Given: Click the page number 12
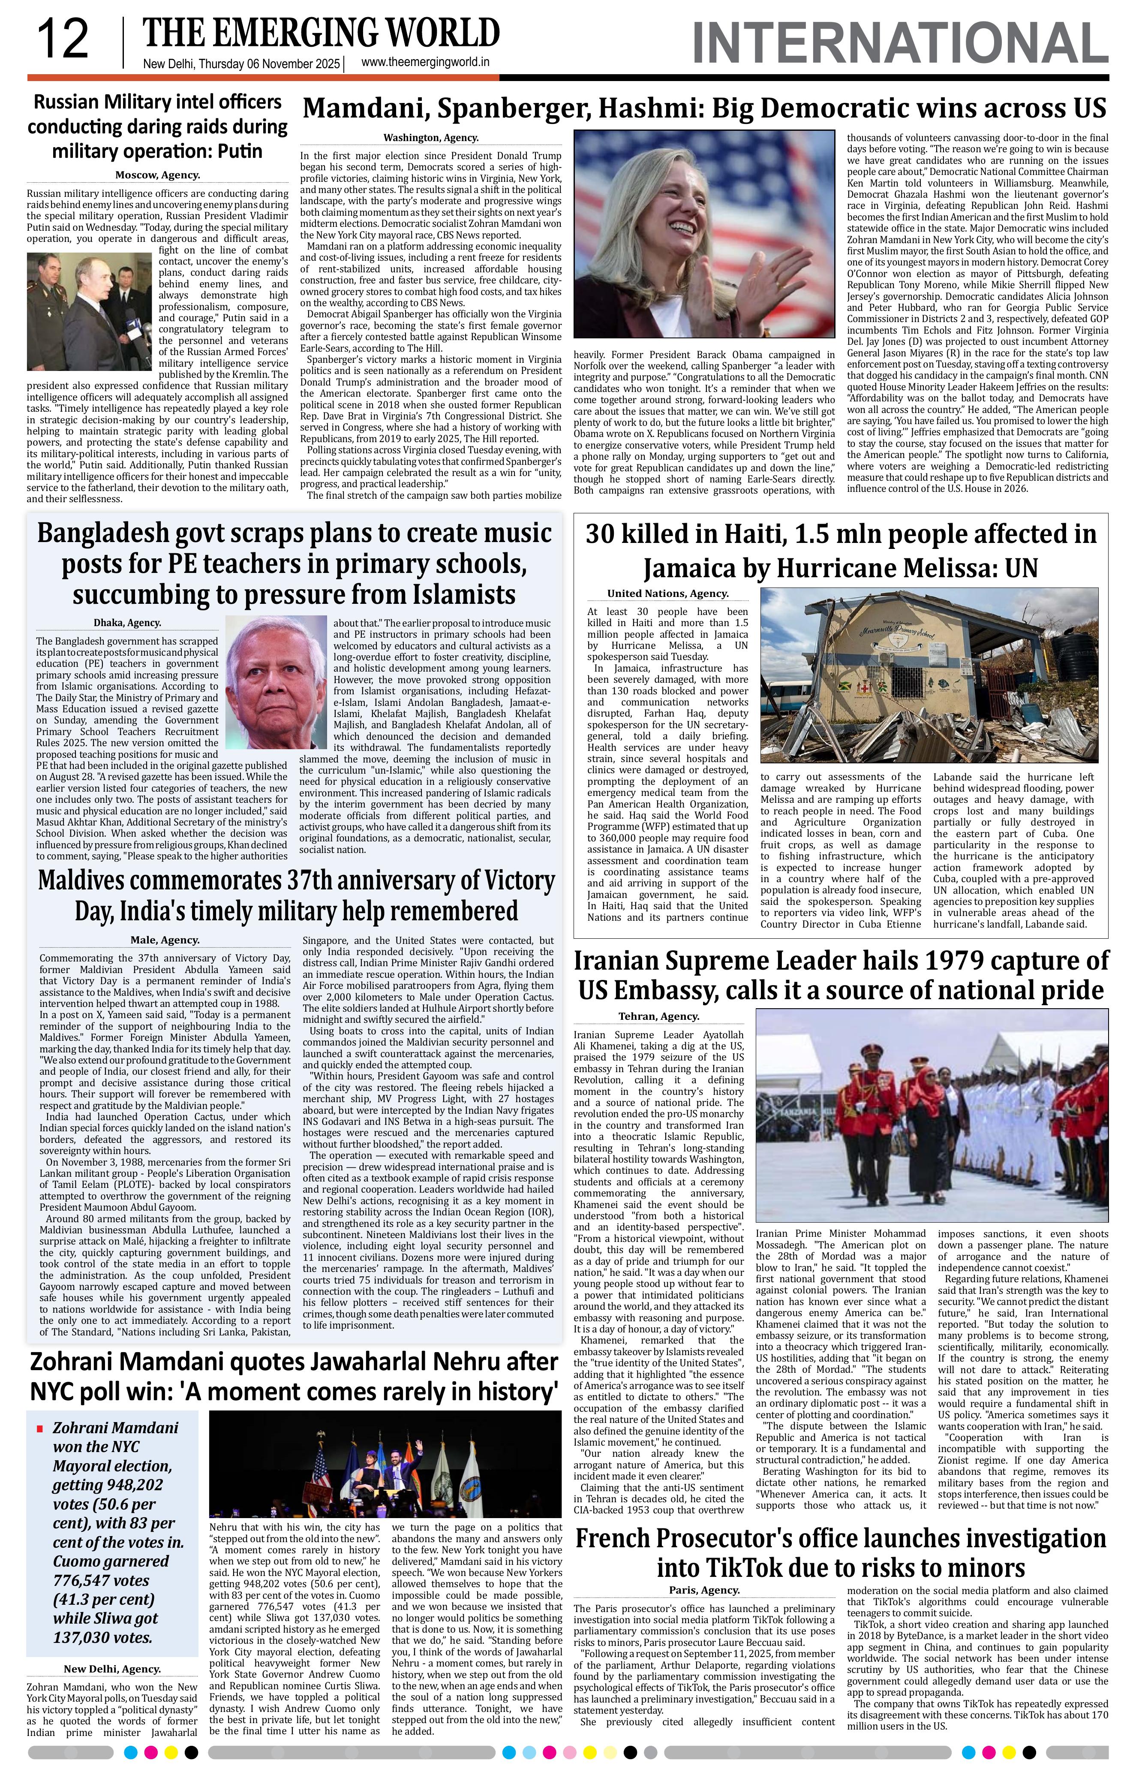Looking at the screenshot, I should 63,40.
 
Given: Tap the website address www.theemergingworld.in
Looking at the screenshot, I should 425,63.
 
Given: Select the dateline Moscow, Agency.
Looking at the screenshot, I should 157,175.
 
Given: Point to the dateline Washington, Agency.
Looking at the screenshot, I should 431,138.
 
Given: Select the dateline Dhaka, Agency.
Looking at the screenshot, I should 127,623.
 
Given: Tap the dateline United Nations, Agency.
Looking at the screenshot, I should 667,594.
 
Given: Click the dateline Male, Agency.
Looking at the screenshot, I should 165,940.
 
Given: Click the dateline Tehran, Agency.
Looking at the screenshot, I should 658,1016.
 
